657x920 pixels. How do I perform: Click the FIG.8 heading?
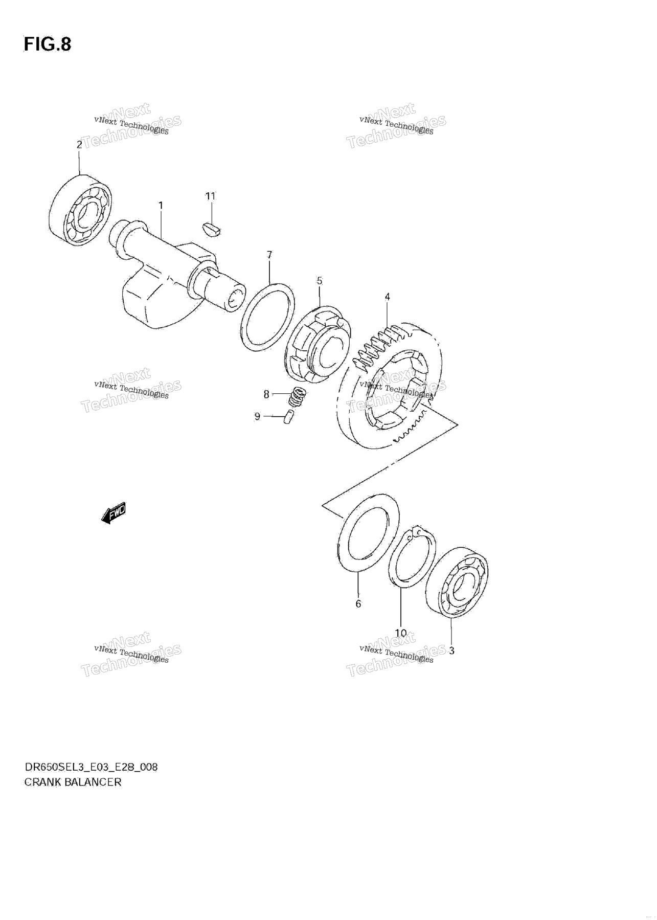coord(47,44)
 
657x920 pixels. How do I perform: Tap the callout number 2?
coord(79,145)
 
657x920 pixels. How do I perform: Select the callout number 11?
coord(211,196)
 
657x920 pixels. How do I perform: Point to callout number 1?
coord(161,206)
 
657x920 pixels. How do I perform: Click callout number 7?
coord(269,254)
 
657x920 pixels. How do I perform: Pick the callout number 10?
coord(401,633)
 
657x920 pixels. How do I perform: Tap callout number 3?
coord(451,651)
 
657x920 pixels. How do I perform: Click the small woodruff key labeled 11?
coord(211,230)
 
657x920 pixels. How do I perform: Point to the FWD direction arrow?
coord(113,513)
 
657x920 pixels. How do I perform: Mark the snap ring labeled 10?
coord(412,558)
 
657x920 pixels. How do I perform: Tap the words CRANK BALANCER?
coord(73,782)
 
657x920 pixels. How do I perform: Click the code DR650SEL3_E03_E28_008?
coord(91,767)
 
